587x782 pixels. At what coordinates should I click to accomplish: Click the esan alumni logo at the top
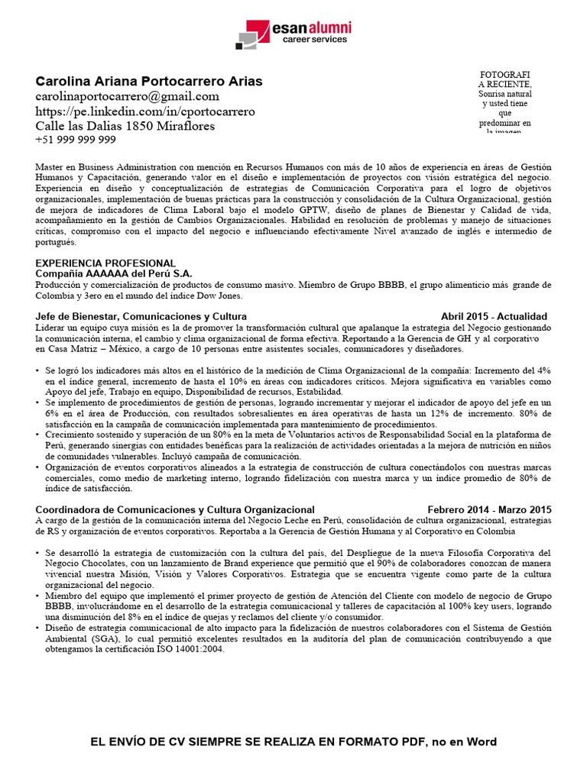click(293, 34)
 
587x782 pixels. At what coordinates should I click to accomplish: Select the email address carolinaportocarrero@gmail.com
click(127, 96)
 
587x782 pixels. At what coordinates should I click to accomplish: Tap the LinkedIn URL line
click(145, 111)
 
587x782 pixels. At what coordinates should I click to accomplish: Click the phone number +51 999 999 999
click(76, 140)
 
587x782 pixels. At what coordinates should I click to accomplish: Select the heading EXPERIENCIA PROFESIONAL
click(105, 263)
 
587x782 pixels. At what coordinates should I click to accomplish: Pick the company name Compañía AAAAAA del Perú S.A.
click(114, 273)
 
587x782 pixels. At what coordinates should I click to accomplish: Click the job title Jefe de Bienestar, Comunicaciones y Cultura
click(141, 316)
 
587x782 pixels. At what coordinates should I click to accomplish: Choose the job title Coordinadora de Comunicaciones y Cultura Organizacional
click(175, 509)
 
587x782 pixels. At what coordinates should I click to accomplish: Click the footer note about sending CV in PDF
click(293, 742)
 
